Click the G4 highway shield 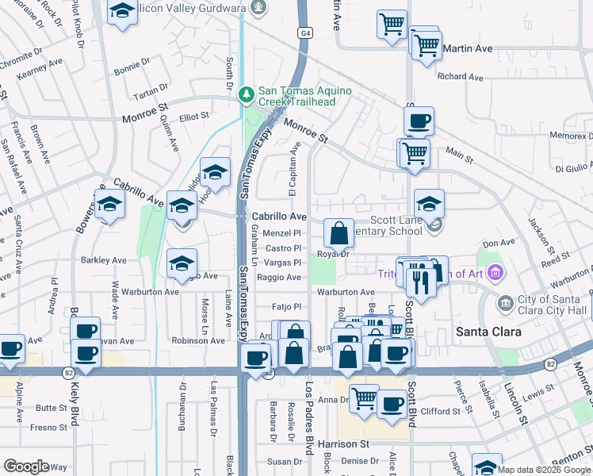pos(305,33)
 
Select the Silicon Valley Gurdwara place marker pos(257,8)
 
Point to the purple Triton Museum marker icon pos(495,274)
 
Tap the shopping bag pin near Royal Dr pos(339,234)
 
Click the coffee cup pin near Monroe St pos(419,122)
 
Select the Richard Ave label pos(460,77)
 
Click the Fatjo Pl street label pos(288,307)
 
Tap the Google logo pos(26,466)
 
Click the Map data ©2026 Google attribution pos(544,470)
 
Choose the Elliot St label pos(193,116)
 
